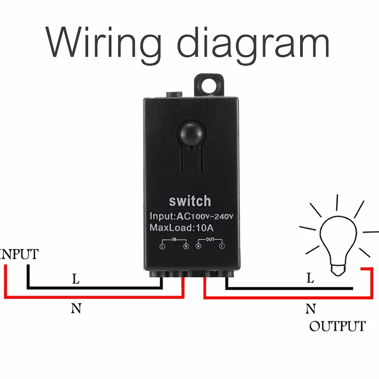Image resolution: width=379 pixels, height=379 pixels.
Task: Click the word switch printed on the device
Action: pyautogui.click(x=190, y=201)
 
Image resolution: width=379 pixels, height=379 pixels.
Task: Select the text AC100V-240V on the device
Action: pyautogui.click(x=205, y=216)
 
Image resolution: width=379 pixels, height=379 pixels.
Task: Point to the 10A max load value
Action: pyautogui.click(x=205, y=228)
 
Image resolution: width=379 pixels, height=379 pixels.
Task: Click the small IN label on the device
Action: pyautogui.click(x=174, y=239)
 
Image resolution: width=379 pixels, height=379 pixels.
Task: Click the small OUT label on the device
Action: pyautogui.click(x=210, y=239)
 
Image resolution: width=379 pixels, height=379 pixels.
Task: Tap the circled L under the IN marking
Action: pyautogui.click(x=162, y=247)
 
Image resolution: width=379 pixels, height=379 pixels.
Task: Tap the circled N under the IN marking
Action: pyautogui.click(x=186, y=247)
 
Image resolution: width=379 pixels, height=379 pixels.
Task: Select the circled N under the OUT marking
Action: pyautogui.click(x=198, y=247)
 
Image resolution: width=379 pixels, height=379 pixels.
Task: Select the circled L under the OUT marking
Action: pyautogui.click(x=222, y=246)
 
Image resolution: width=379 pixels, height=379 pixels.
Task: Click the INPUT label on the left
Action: pyautogui.click(x=19, y=254)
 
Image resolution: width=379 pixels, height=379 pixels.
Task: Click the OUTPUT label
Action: pyautogui.click(x=337, y=326)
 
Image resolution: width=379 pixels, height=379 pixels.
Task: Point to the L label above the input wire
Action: pyautogui.click(x=76, y=279)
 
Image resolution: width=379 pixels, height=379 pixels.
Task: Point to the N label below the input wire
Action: pyautogui.click(x=76, y=308)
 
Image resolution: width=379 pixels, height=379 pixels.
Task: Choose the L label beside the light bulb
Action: pyautogui.click(x=310, y=278)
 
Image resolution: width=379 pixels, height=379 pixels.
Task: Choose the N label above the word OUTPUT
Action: pyautogui.click(x=311, y=309)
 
